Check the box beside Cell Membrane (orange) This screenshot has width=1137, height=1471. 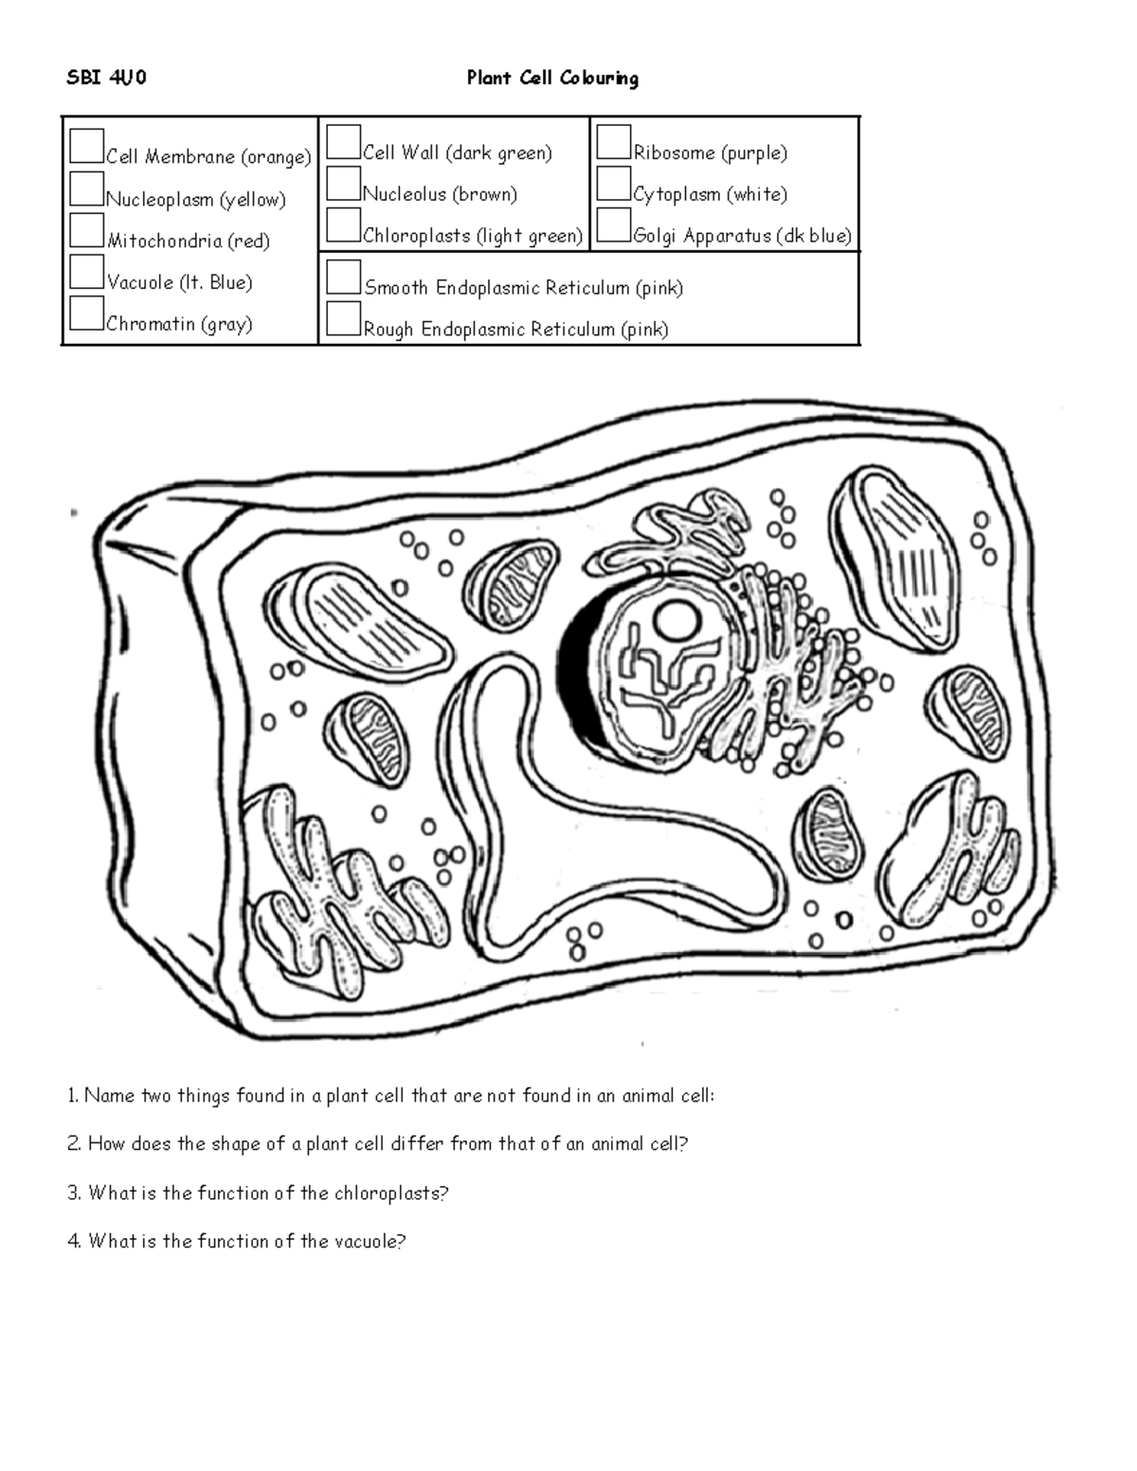point(86,146)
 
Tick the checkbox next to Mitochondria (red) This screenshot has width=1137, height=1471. point(86,230)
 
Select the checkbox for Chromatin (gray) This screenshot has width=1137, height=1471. point(86,314)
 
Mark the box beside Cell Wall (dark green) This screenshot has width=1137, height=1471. point(343,142)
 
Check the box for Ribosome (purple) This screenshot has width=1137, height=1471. point(614,142)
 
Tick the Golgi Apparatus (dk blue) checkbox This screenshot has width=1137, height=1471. point(614,225)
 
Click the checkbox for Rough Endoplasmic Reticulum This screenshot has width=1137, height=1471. point(343,319)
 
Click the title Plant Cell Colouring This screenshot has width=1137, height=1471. point(552,78)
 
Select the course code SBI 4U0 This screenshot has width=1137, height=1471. point(106,78)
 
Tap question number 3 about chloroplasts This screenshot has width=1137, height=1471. point(258,1193)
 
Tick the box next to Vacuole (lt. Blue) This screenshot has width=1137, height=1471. point(86,272)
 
